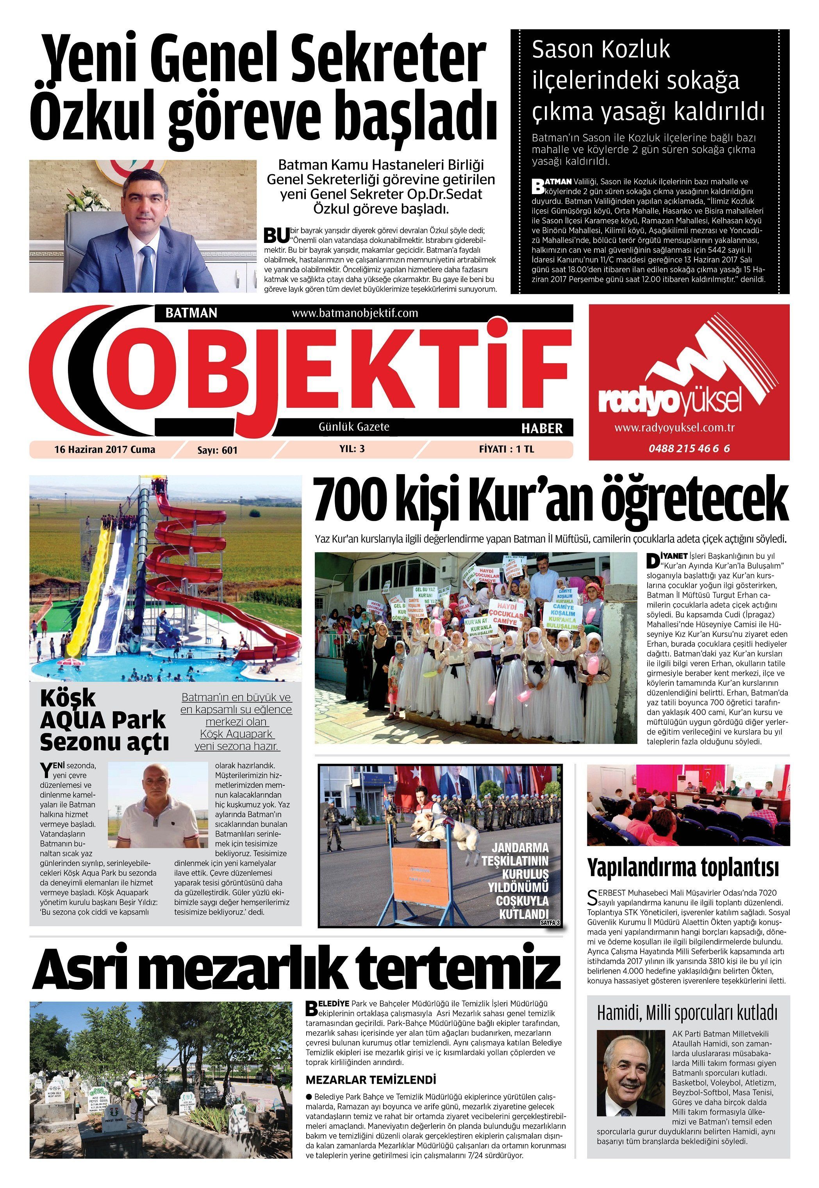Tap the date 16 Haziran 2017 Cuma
[105, 450]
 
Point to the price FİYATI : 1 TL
[507, 450]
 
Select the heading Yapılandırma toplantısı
[683, 867]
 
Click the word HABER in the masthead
[542, 428]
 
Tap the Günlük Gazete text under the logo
[354, 426]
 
